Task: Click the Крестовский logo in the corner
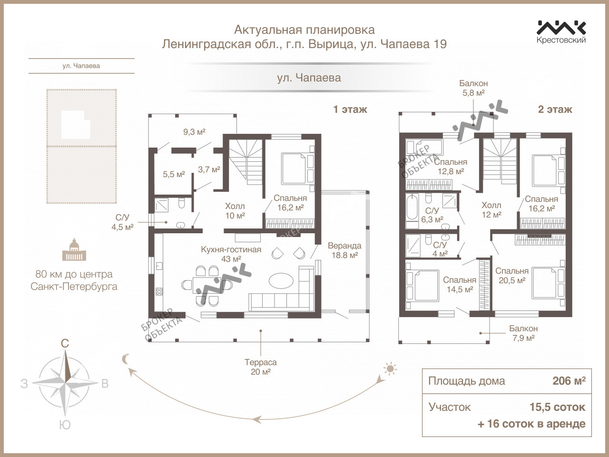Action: tap(561, 31)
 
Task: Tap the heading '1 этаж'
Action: tap(350, 109)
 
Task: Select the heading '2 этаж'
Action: tap(555, 109)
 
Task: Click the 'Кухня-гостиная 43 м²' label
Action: tap(231, 254)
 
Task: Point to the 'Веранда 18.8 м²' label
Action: tap(344, 250)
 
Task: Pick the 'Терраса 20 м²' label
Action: tap(261, 367)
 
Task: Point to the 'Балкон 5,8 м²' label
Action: tap(473, 88)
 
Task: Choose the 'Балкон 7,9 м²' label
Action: tap(523, 333)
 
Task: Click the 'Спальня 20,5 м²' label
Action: tap(512, 276)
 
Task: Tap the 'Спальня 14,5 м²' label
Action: tap(460, 285)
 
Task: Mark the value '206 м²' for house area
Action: tap(569, 381)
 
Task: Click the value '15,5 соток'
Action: tap(557, 407)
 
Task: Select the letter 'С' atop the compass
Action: tap(65, 343)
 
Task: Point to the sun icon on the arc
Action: tap(390, 368)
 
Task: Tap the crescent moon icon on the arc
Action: tap(126, 359)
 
